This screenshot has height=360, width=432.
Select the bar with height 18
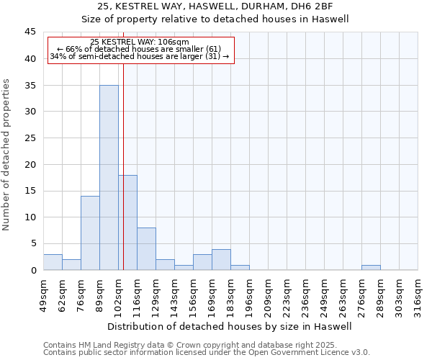point(127,222)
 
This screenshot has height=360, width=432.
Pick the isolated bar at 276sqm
point(371,267)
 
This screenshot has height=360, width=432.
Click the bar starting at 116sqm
point(146,248)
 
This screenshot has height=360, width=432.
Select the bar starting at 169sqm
point(221,259)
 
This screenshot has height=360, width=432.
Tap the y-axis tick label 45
point(30,32)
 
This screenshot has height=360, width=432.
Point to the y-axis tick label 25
point(30,138)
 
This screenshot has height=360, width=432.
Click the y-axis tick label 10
point(30,217)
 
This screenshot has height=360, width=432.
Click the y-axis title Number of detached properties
point(7,155)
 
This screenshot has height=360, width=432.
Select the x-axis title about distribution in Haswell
point(230,326)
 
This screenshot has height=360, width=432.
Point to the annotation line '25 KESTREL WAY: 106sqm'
point(140,42)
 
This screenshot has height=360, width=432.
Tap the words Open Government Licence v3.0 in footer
point(314,352)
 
